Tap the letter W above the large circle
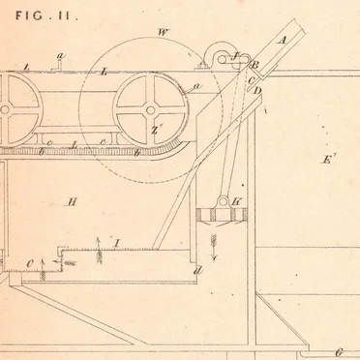[x=162, y=33]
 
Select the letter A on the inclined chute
[x=283, y=41]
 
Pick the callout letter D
[x=257, y=90]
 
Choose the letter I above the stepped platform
[x=117, y=240]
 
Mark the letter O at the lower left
[x=31, y=260]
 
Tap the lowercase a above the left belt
[x=60, y=56]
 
